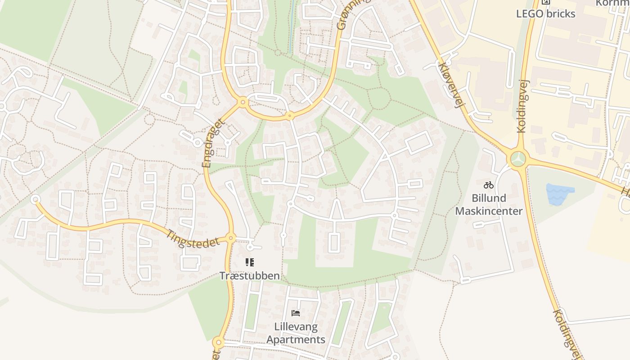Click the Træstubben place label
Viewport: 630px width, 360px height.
(250, 275)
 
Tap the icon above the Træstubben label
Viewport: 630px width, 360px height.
(250, 262)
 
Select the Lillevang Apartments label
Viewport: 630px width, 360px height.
(296, 333)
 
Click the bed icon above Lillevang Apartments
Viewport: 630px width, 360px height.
(296, 313)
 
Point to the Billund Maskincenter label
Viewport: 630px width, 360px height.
(489, 204)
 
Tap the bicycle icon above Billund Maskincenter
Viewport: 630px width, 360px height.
(488, 185)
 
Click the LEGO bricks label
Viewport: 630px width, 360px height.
(545, 13)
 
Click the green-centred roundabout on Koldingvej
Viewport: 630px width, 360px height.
(518, 159)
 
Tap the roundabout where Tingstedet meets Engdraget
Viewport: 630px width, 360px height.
(231, 238)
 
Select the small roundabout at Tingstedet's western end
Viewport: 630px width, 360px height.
(35, 199)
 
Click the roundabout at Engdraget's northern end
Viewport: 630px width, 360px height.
(243, 103)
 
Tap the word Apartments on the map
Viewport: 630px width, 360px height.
(296, 339)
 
